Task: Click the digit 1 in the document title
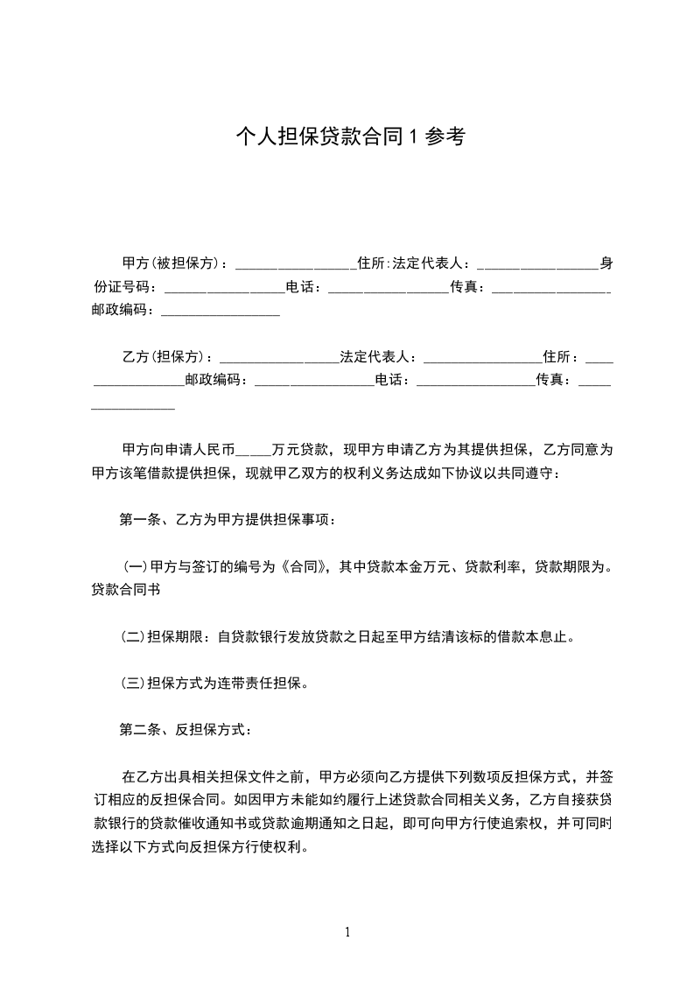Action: tap(415, 136)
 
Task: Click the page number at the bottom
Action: tap(347, 932)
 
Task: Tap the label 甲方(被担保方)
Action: tap(173, 263)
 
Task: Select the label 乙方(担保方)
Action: tap(167, 357)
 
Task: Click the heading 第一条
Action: tap(140, 519)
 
